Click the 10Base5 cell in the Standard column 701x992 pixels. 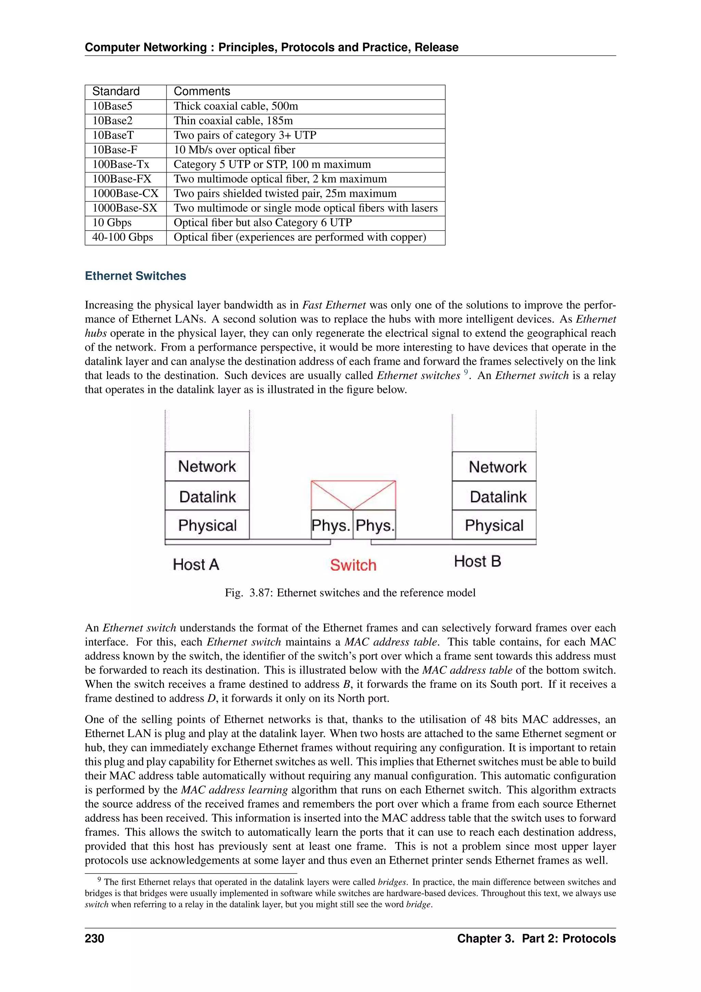click(113, 106)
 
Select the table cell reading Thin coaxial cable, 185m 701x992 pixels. click(233, 121)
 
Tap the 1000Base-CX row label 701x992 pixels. click(125, 194)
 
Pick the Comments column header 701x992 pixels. click(202, 91)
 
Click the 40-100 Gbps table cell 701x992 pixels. click(123, 237)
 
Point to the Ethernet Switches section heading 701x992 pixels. click(135, 276)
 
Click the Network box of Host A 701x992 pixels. click(207, 467)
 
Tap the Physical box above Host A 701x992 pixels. click(207, 525)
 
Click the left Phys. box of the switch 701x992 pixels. click(331, 525)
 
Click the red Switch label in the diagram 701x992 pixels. click(353, 565)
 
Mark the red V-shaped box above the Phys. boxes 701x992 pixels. click(353, 495)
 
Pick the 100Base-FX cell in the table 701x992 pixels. click(122, 179)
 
